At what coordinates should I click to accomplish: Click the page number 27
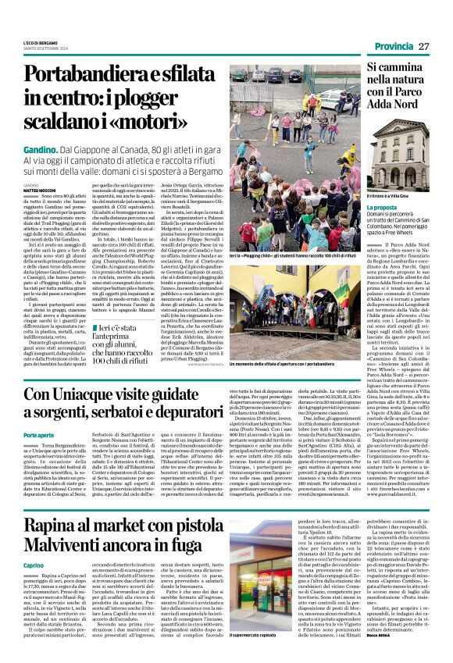(423, 47)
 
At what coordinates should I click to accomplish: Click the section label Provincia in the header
(394, 47)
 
